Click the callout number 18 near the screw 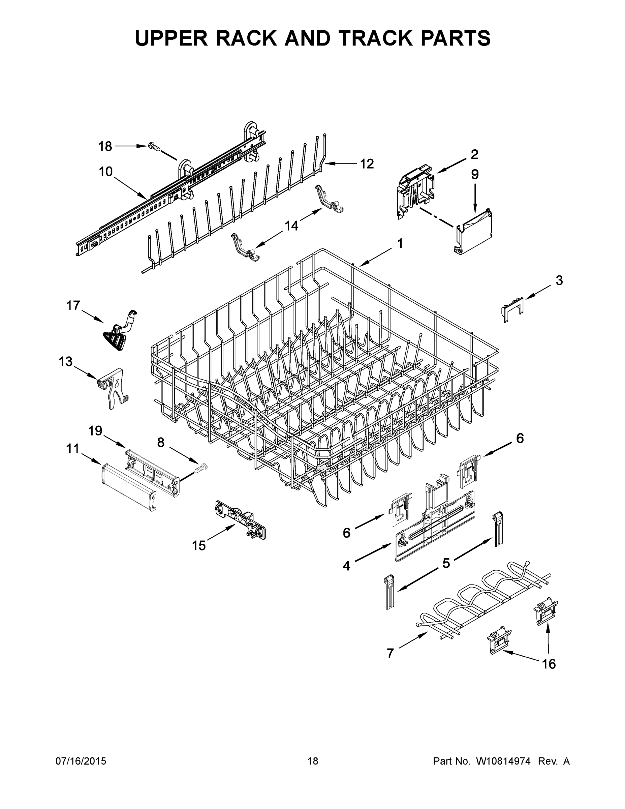105,147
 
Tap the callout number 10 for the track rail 105,172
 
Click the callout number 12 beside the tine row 367,163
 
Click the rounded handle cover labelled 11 127,487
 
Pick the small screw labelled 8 202,468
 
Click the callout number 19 95,431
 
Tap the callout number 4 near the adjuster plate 346,566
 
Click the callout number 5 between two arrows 446,563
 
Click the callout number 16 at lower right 549,664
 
